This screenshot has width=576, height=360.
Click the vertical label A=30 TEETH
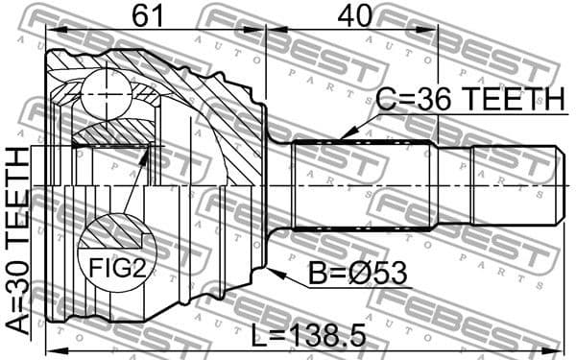pos(18,240)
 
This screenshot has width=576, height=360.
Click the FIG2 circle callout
pos(116,253)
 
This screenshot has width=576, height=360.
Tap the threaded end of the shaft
pos(514,185)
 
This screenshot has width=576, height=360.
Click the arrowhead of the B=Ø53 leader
pos(274,272)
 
